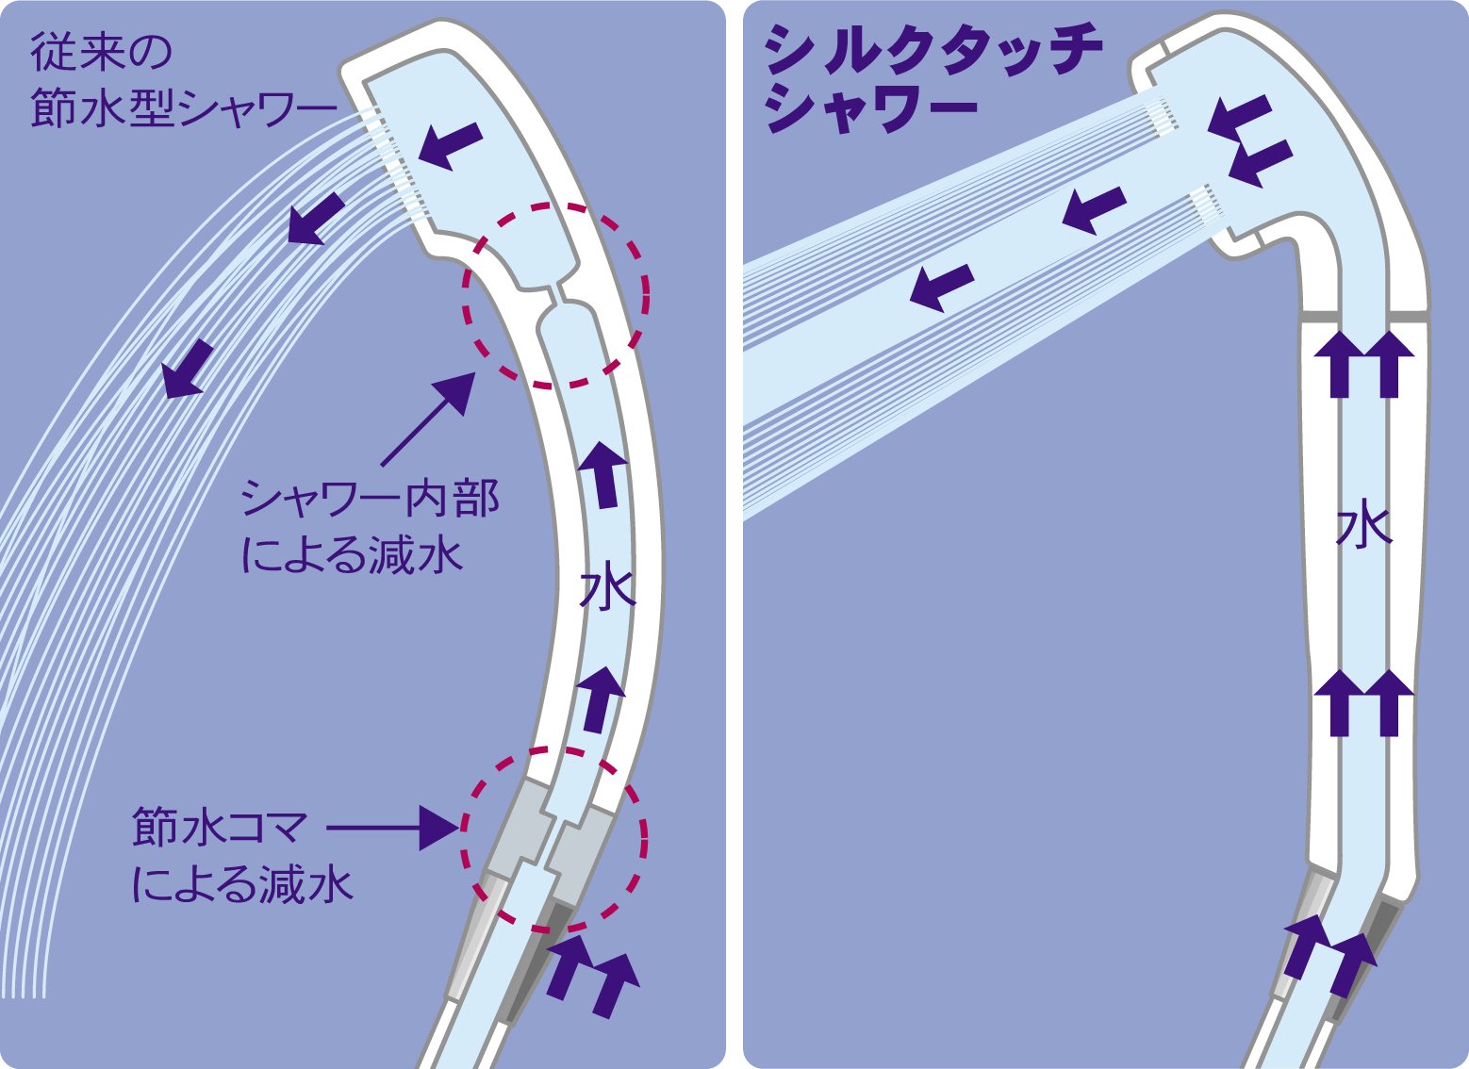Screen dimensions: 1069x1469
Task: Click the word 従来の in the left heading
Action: pos(102,53)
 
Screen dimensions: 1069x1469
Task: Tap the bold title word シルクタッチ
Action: pos(932,51)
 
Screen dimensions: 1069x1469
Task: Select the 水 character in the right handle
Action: pos(1363,528)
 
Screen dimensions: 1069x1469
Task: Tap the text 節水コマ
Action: pos(221,828)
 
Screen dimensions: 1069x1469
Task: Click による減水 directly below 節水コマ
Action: pos(242,884)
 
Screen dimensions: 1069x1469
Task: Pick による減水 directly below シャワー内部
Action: pos(353,555)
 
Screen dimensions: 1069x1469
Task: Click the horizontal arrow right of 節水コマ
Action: pos(392,828)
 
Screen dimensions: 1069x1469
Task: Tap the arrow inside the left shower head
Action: pos(451,145)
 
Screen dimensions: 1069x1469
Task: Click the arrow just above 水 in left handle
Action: pos(602,471)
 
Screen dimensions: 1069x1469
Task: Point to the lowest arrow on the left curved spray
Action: pos(188,369)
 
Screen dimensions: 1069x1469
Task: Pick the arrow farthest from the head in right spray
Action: pos(941,286)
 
